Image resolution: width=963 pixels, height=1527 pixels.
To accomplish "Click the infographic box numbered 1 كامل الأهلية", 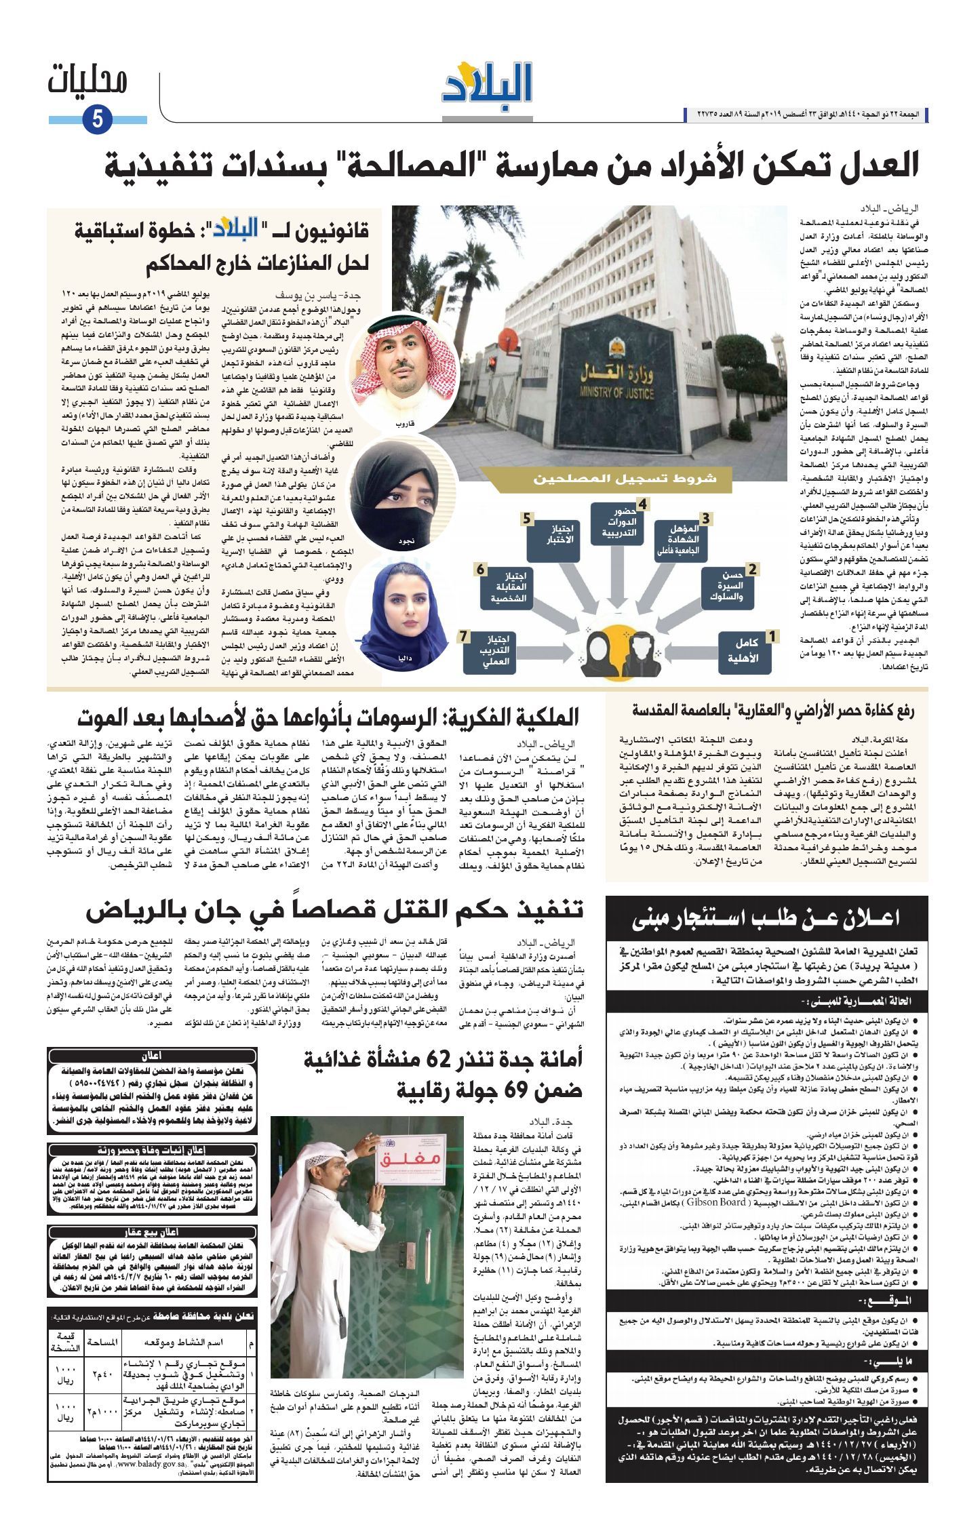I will click(x=745, y=651).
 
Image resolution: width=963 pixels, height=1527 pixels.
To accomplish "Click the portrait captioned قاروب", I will click(x=395, y=364).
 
